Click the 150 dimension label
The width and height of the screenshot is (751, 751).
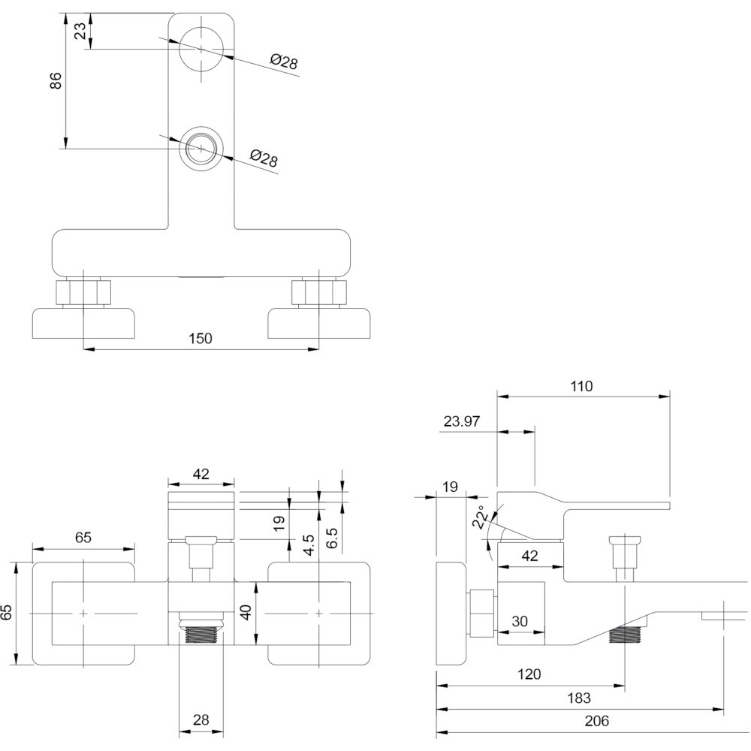tap(201, 339)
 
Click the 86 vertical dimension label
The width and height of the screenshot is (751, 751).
tap(56, 80)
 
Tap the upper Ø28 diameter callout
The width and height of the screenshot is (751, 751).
tap(284, 62)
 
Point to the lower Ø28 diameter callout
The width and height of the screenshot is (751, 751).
tap(264, 158)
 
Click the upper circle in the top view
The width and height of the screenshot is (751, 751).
tap(201, 27)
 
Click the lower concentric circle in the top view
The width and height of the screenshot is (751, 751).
tap(201, 126)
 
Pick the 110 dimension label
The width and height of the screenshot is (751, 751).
tap(581, 386)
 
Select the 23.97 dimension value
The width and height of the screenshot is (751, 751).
tap(462, 421)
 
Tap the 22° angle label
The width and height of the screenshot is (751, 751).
tap(482, 517)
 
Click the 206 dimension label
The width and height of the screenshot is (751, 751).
tap(597, 720)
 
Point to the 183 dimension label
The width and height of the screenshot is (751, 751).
tap(579, 698)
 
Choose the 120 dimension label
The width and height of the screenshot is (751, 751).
tap(529, 674)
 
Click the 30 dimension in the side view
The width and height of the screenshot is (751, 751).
tap(520, 621)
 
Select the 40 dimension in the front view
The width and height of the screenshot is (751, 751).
tap(246, 612)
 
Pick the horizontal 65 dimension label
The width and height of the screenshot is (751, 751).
tap(83, 538)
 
